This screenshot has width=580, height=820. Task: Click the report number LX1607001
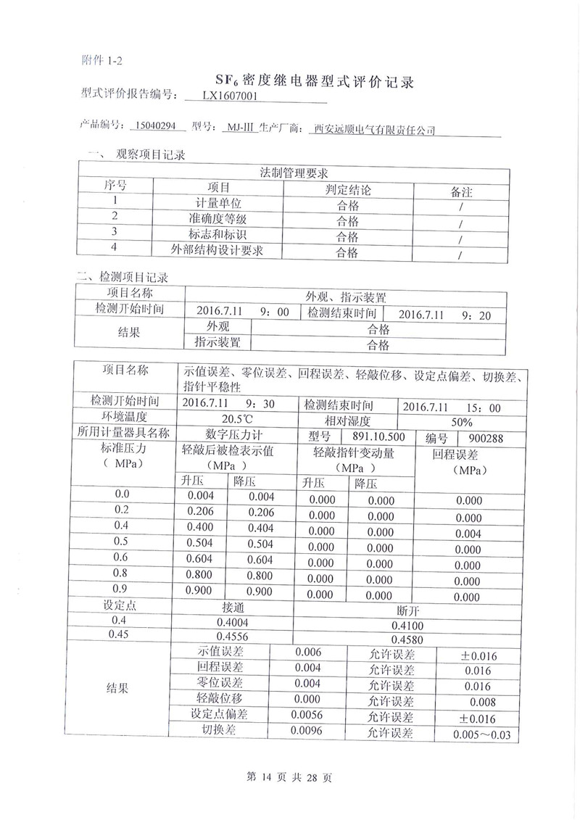229,95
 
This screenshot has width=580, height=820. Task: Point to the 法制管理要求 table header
294,174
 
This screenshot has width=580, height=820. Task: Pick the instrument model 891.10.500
378,436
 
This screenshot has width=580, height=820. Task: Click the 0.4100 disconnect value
407,625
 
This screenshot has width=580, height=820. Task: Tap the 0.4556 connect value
232,637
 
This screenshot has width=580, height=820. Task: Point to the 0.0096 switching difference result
305,732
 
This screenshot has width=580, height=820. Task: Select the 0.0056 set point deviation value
305,715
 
